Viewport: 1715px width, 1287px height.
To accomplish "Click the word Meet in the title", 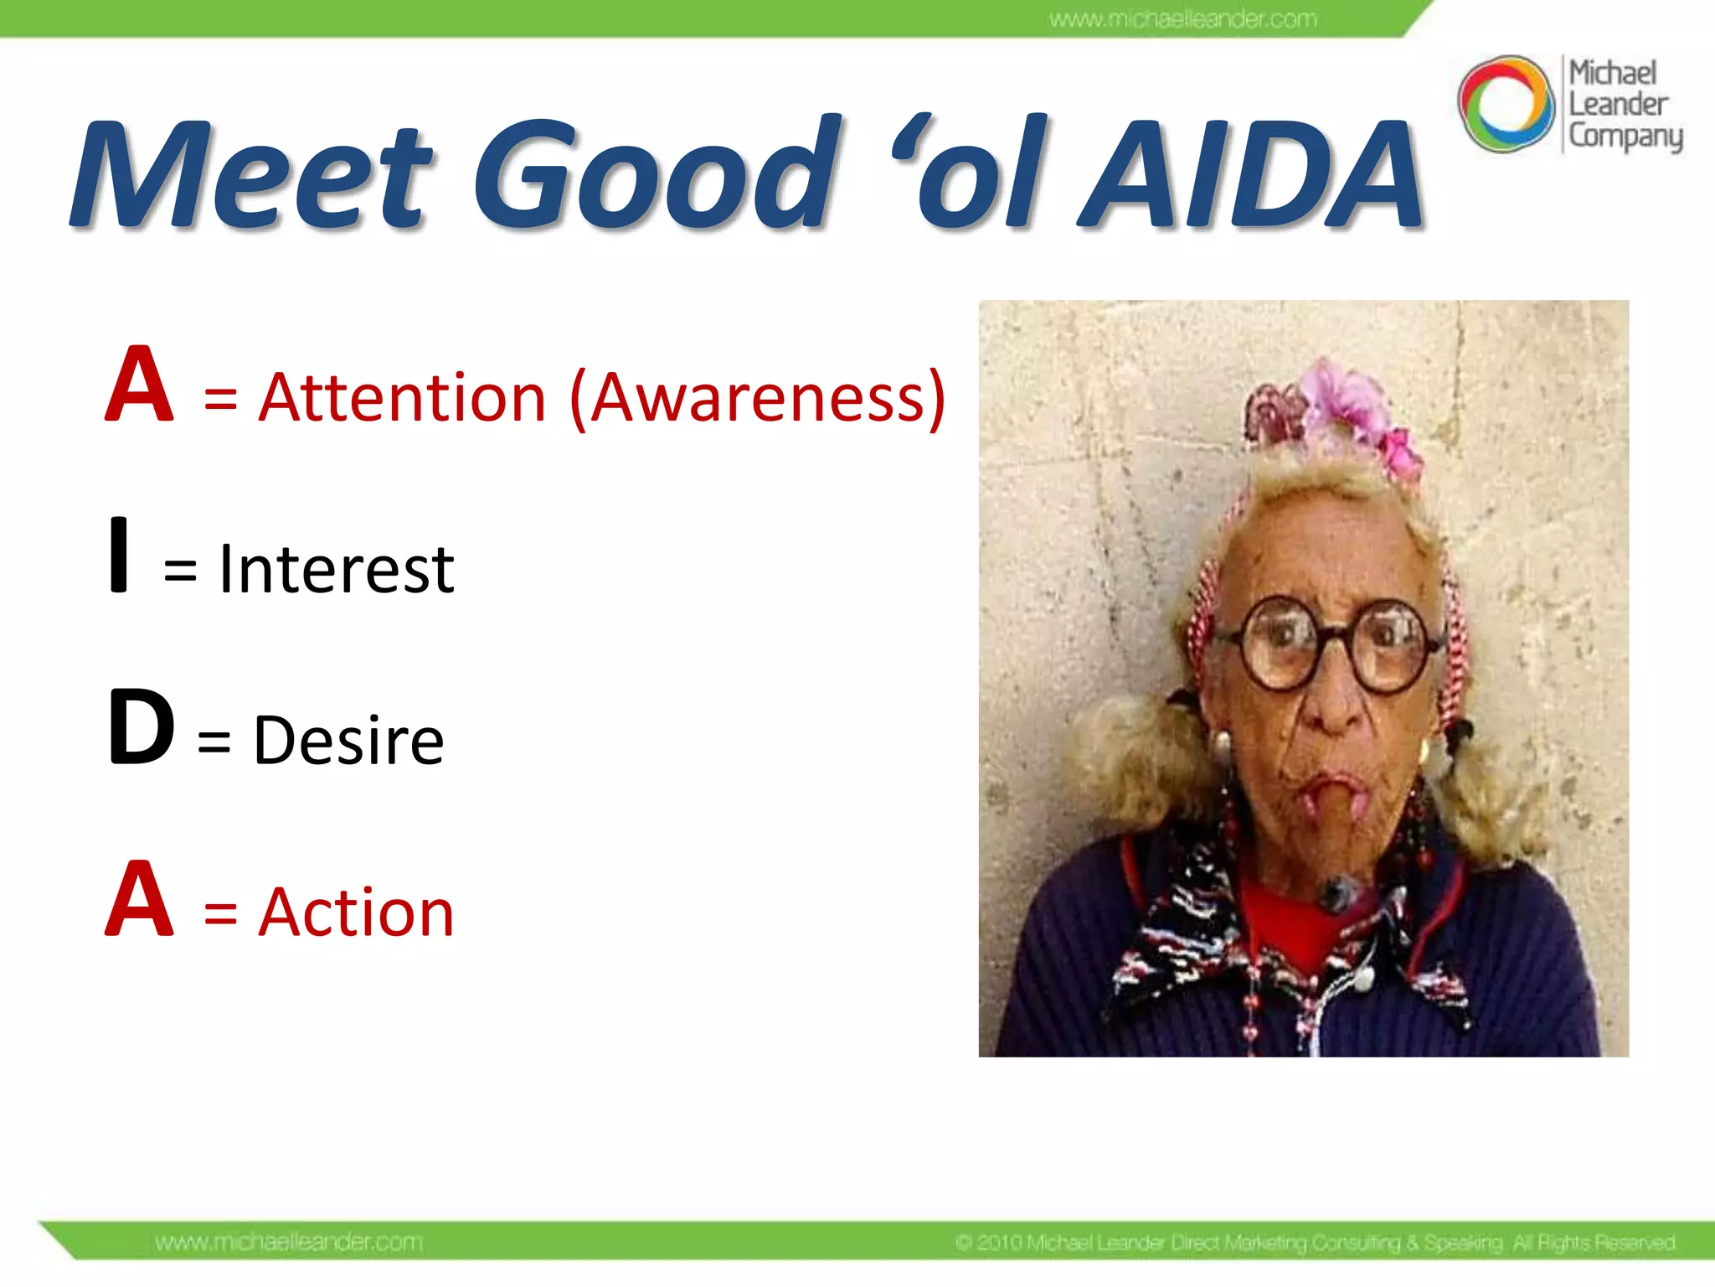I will tap(251, 176).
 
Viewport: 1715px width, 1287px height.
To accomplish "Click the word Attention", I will tap(403, 397).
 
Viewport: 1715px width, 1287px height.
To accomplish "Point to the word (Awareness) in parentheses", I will tap(758, 399).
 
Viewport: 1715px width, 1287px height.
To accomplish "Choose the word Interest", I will tap(336, 570).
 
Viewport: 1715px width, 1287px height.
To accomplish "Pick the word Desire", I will tap(348, 742).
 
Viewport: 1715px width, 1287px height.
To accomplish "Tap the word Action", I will tap(356, 912).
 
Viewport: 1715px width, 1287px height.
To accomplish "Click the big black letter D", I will tap(141, 727).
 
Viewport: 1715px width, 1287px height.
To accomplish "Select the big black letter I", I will tap(119, 556).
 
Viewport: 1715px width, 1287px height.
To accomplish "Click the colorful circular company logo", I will tap(1506, 104).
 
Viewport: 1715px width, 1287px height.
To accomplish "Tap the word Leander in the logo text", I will tap(1618, 105).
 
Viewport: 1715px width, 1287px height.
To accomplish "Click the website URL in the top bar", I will tap(1182, 18).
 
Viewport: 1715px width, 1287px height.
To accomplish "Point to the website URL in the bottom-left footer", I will tap(289, 1242).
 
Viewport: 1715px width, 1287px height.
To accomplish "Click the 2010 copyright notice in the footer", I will tap(1315, 1243).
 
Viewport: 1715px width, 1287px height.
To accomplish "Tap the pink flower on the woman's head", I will tap(1348, 402).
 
